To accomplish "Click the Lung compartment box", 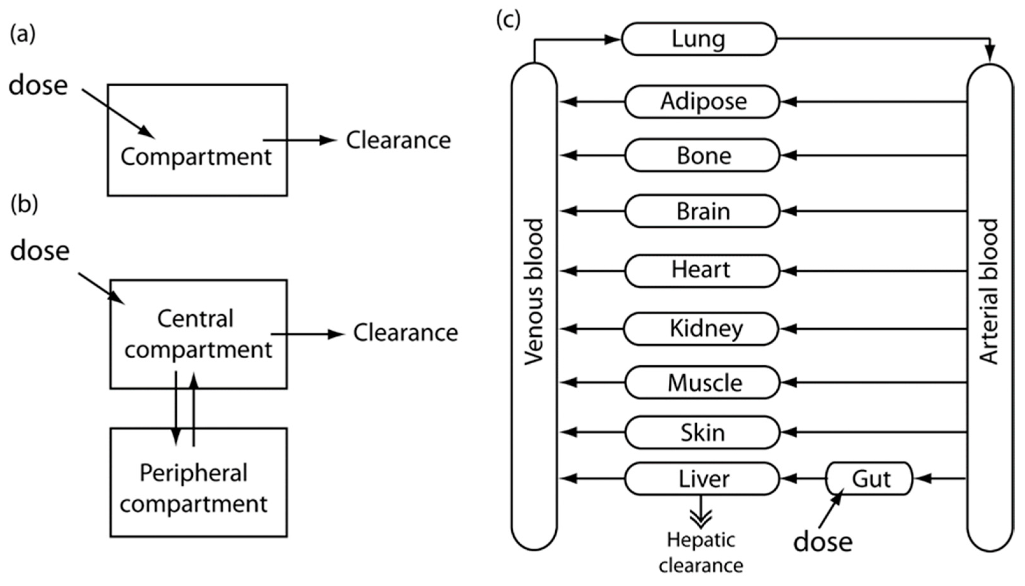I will [699, 39].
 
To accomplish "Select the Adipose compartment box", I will [702, 101].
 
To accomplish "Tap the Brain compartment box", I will [702, 211].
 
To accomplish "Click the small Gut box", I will [869, 479].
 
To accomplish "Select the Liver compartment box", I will [702, 479].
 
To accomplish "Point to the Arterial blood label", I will [989, 292].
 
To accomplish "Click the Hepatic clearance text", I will [701, 553].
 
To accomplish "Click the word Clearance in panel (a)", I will [398, 140].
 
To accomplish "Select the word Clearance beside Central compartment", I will [405, 333].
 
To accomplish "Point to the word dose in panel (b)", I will [40, 251].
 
